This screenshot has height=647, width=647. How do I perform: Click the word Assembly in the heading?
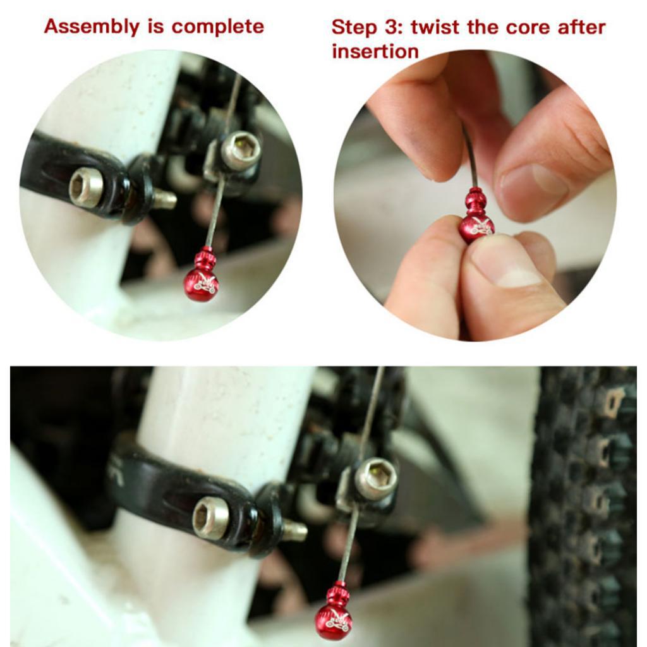[92, 27]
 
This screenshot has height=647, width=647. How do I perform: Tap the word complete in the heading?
[217, 27]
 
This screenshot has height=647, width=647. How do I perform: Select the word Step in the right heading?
[354, 28]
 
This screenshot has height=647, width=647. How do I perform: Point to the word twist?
[435, 28]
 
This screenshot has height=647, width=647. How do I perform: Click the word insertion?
[375, 52]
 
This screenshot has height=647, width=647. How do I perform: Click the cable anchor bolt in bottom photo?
[375, 479]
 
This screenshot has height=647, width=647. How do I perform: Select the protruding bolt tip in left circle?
[165, 199]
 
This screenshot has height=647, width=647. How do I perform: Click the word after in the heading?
[582, 27]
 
